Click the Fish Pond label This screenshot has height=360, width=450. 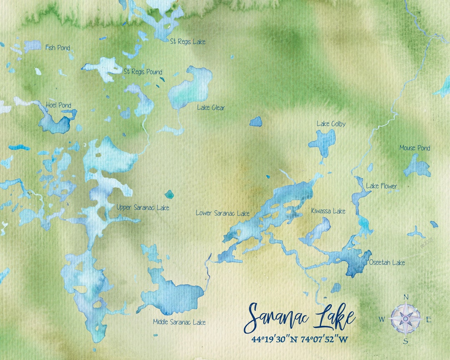(57, 48)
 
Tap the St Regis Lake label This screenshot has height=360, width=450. (187, 42)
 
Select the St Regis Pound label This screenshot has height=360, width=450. (143, 72)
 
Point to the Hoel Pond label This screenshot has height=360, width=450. (58, 105)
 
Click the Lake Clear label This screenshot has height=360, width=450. (211, 108)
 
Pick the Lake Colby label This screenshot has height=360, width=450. (331, 124)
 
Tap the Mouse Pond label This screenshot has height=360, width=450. (415, 148)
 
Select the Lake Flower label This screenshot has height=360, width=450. (381, 186)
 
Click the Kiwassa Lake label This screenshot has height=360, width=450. (328, 211)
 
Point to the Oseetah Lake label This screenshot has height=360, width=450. (387, 262)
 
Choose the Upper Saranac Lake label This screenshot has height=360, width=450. (143, 207)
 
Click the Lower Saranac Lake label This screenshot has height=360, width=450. (222, 213)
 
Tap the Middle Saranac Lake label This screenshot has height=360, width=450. (179, 322)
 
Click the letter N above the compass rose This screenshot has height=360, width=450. (406, 297)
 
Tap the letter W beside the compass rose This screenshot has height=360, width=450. (381, 320)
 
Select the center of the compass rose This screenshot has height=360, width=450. (405, 319)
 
